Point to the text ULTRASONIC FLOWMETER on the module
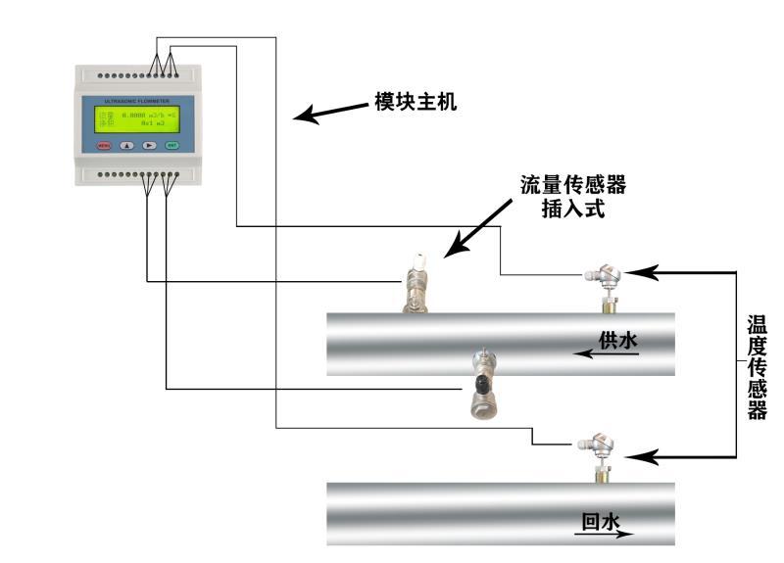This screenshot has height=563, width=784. pos(137,100)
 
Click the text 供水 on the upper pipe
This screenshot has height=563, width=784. pos(618,340)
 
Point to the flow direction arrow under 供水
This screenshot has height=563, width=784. pos(607,354)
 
